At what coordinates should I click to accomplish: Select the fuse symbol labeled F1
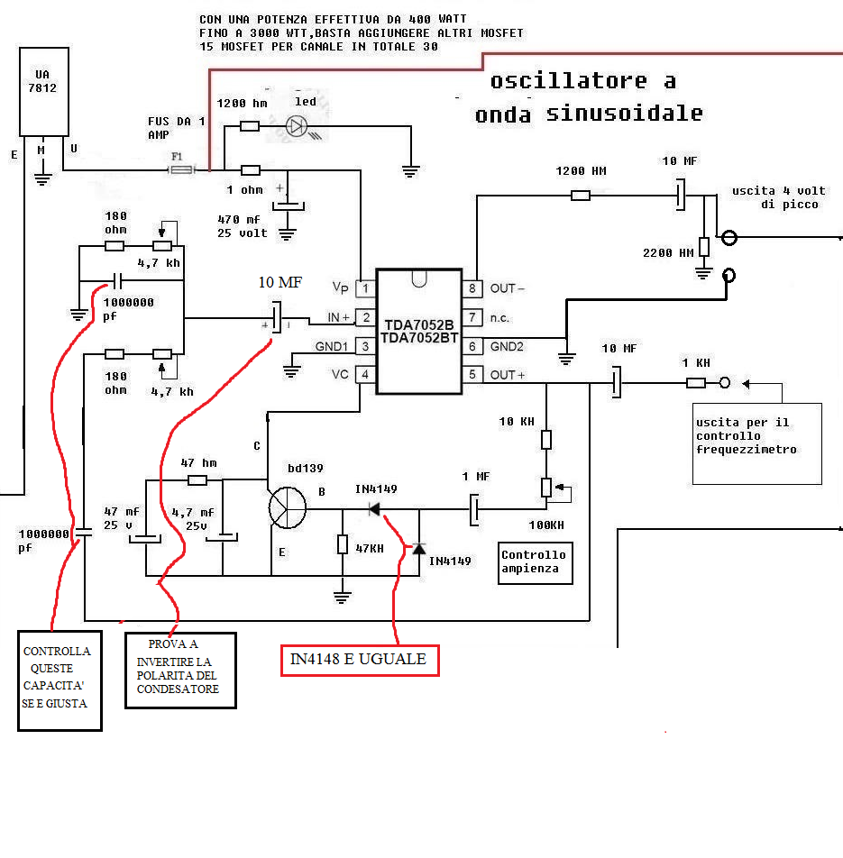180,169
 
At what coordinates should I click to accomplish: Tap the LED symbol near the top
297,126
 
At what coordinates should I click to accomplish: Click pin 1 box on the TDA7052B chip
365,288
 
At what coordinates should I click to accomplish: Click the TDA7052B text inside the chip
419,324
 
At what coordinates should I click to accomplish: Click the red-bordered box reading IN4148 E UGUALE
357,660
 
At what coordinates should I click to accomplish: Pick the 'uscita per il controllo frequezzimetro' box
756,442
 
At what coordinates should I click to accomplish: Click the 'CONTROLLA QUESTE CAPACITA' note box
60,680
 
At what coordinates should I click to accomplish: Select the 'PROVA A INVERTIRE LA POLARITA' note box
179,670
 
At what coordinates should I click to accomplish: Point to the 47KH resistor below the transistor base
343,544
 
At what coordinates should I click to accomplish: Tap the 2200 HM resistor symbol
703,246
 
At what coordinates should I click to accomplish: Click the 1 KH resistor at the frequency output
696,383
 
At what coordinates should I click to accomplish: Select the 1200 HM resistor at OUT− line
581,195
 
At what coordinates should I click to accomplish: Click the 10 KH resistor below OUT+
546,439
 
